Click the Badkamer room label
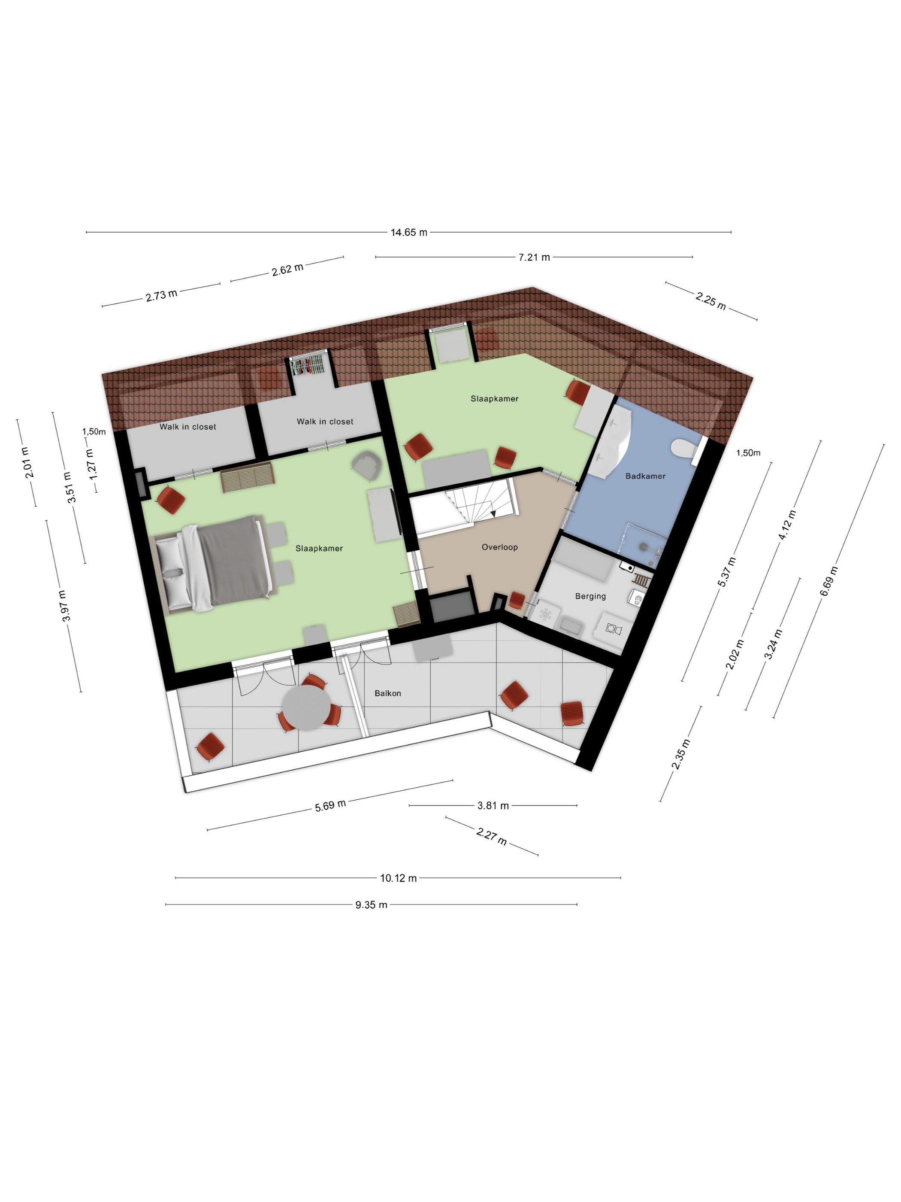pos(645,476)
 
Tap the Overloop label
pos(500,547)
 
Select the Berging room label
pos(590,596)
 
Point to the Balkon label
pos(388,693)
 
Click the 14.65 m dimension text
pos(409,233)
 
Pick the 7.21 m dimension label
pos(535,257)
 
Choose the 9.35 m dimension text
pos(372,905)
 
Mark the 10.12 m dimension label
pos(398,878)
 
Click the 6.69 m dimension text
pos(829,581)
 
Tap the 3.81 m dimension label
pos(493,806)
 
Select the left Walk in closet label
pos(188,427)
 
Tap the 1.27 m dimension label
pos(91,464)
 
